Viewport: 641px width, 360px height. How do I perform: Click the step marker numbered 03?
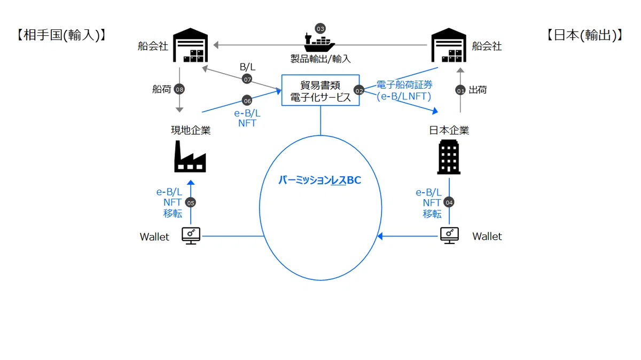(x=320, y=29)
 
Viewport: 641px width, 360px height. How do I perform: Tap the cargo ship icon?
(x=319, y=43)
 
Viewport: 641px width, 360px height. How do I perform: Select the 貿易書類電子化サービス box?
(x=320, y=90)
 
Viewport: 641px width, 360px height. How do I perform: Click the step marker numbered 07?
(x=247, y=79)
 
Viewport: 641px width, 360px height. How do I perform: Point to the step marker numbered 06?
(x=247, y=100)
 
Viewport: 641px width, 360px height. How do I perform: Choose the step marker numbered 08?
(x=179, y=90)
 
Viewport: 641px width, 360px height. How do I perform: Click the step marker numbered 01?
(x=460, y=90)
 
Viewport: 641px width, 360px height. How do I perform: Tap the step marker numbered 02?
(x=359, y=90)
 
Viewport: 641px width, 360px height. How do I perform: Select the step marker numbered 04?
(x=449, y=202)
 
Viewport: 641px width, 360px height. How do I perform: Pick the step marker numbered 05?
(x=191, y=202)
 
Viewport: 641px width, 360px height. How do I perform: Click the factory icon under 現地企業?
(x=190, y=156)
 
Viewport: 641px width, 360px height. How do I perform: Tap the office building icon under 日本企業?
(x=449, y=157)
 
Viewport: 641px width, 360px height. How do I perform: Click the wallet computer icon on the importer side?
(x=191, y=236)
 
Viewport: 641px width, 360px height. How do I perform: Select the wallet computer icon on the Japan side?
(x=449, y=236)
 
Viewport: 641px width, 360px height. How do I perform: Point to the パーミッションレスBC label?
(x=320, y=180)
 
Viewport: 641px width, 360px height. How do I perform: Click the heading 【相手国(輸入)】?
(x=61, y=35)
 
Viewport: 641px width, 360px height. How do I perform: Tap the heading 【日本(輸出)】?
(x=585, y=35)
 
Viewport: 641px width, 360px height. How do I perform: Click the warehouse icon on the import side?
(x=190, y=45)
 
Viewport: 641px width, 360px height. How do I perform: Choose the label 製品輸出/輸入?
(x=320, y=59)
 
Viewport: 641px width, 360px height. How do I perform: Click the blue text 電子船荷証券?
(x=404, y=85)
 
